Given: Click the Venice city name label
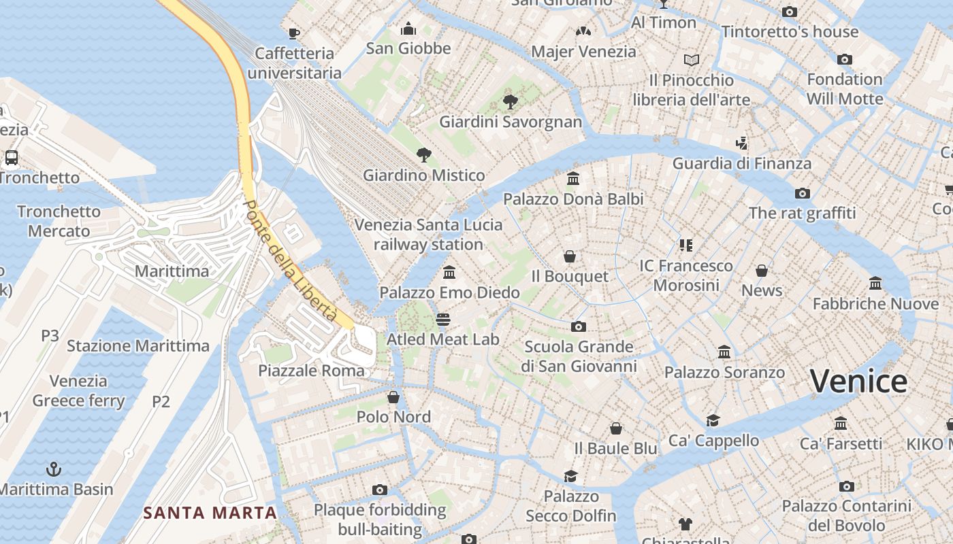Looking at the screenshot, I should [x=858, y=381].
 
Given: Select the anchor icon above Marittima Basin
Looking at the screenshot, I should [x=53, y=469].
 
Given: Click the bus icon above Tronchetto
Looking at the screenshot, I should [x=12, y=158].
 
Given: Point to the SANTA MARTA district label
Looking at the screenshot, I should [x=210, y=513].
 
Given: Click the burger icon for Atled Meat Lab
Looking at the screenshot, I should [x=443, y=319].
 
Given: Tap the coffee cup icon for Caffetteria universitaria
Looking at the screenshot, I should [x=294, y=33].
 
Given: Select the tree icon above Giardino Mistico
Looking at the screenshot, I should [x=423, y=154].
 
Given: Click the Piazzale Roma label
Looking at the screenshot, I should [x=312, y=371].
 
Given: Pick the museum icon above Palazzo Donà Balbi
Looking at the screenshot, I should [x=573, y=179].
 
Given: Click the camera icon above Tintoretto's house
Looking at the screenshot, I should [x=790, y=12].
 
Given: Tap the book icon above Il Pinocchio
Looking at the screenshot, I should [x=692, y=60].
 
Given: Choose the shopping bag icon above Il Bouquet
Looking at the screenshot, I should [x=570, y=256].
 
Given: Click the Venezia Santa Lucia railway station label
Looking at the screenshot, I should [x=429, y=234].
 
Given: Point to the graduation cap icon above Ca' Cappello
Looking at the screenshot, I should [x=713, y=420].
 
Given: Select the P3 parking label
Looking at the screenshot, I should [x=50, y=335].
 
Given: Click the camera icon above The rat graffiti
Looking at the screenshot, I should [x=803, y=193].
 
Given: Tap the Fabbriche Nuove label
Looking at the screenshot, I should [x=875, y=303].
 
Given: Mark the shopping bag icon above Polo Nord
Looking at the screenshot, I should [x=393, y=397].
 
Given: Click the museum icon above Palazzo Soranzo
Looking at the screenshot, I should [x=724, y=352].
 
